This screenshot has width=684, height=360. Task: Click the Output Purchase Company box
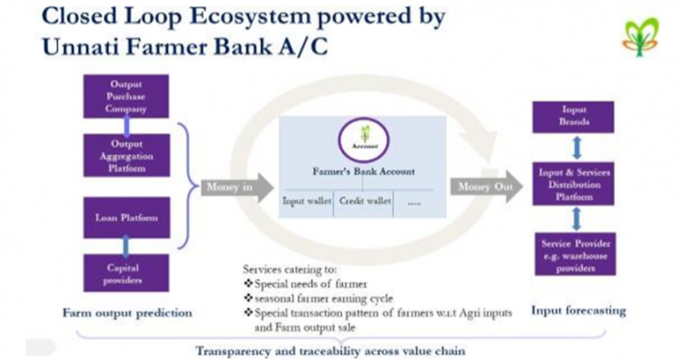pos(127,97)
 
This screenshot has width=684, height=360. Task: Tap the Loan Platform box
pos(126,216)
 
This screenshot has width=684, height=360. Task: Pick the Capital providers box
pos(126,274)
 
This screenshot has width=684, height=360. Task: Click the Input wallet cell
pos(306,202)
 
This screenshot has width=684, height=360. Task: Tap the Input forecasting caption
pos(578,311)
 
